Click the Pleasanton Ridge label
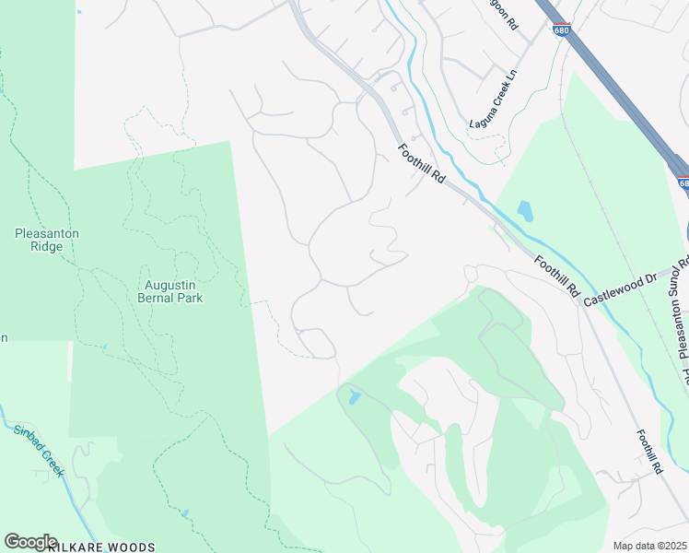pos(47,240)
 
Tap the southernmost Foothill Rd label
pos(648,453)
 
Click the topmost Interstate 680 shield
pos(562,29)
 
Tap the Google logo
pos(30,542)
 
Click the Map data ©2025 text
pos(649,546)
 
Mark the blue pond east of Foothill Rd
pos(525,211)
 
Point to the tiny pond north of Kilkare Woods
pos(185,512)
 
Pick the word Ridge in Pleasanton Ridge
pos(47,246)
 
